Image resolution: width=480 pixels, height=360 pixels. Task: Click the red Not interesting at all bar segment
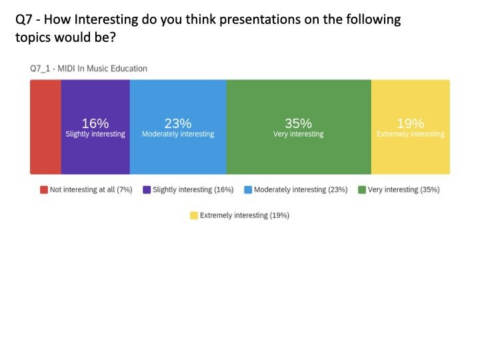click(x=45, y=127)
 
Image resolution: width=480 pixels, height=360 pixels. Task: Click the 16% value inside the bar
click(x=95, y=123)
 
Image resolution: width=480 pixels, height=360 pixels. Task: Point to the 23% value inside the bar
click(x=178, y=123)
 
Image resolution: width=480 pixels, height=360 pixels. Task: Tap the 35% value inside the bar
click(x=299, y=123)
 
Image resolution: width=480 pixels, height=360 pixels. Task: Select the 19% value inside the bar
click(x=410, y=123)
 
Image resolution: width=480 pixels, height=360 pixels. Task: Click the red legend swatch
click(x=44, y=190)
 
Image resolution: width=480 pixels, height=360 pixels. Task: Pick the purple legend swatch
click(x=147, y=190)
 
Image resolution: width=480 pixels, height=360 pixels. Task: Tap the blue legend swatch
click(x=248, y=190)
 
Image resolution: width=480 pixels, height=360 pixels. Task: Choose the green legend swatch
click(x=362, y=190)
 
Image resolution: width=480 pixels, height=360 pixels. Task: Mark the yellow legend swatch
click(x=194, y=215)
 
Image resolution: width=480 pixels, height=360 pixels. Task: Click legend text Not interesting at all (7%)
click(x=91, y=190)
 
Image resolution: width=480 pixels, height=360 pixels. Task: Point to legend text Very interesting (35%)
click(x=403, y=190)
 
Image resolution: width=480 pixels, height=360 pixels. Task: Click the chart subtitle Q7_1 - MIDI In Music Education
click(x=89, y=69)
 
